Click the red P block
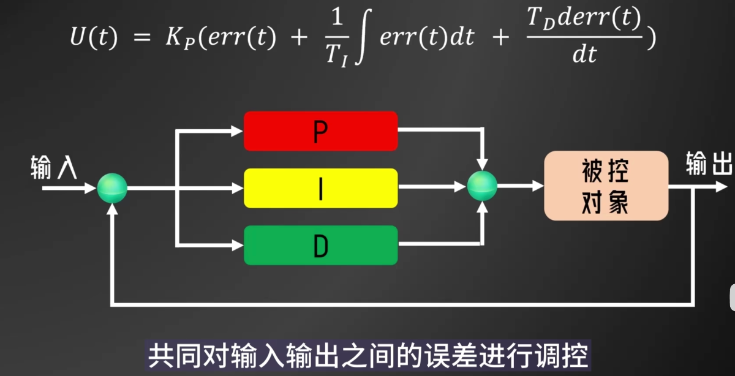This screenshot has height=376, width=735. point(320,130)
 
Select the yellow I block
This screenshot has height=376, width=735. point(320,188)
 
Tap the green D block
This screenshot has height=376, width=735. point(320,245)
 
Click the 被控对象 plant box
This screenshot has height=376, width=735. point(605,186)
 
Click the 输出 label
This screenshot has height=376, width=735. point(709,164)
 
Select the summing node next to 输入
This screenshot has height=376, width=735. point(112,188)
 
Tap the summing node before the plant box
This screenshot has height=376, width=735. point(482,186)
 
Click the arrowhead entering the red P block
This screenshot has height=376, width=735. point(238,130)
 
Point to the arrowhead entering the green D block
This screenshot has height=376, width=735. point(238,245)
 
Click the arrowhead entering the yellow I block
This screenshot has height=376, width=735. point(238,188)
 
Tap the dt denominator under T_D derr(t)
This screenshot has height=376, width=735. point(584,56)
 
